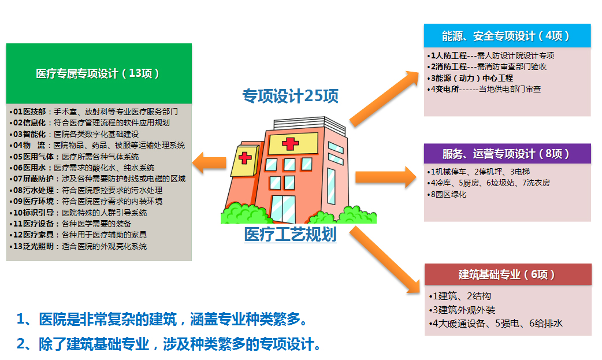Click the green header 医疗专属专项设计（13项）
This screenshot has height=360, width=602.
99,73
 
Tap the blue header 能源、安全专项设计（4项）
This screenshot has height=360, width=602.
507,36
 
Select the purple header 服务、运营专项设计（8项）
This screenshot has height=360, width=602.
507,154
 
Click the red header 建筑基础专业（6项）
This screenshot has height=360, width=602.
508,274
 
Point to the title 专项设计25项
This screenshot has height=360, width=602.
290,96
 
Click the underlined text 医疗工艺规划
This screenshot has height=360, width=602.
290,235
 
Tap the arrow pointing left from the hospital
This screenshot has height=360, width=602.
209,163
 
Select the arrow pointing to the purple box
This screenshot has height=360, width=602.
386,177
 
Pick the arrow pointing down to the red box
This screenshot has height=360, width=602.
385,259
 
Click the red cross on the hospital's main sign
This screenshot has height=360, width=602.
290,144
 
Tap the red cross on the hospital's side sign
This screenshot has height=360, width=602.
244,158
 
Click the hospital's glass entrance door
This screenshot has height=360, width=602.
283,209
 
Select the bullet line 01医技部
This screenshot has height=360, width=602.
94,112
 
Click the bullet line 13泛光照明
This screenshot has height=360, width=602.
78,246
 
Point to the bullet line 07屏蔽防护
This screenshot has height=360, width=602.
98,179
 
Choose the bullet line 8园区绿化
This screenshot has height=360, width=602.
447,194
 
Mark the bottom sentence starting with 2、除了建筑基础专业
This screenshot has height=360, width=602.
169,344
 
